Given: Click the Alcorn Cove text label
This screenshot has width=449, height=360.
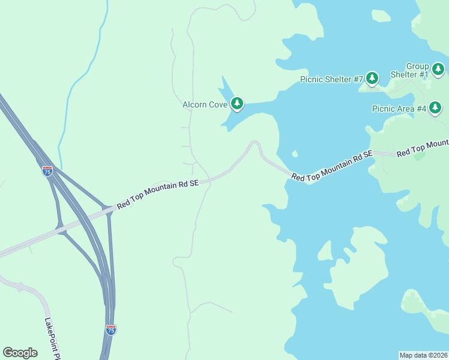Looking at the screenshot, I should coord(205,104).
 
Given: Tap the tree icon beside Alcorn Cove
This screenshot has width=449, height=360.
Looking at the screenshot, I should coord(238,104).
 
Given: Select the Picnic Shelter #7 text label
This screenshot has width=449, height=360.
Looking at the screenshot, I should coord(332,79).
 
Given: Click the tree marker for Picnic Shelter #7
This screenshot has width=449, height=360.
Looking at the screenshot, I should coord(372,78).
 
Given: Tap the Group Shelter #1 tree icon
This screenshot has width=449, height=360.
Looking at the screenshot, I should coord(438,70).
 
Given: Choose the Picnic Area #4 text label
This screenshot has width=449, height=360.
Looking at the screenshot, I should coord(399,109).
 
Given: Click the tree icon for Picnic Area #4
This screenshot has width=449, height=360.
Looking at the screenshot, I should coord(436,108).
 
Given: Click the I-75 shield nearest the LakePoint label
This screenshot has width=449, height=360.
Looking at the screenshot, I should coord(110,329).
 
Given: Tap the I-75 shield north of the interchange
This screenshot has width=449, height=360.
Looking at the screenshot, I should coord(47,171).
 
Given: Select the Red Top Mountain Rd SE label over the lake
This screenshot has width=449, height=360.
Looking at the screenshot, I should coord(332,166).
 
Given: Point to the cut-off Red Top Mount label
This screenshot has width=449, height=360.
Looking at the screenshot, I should coord(423,148).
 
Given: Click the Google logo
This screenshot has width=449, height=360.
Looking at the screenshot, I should coord(20,353).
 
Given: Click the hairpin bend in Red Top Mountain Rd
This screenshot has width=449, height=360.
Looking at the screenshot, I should coord(255,143).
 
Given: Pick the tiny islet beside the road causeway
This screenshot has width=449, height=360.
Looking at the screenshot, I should coord(294,154).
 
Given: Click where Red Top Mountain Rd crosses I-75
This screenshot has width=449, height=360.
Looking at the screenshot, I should coord(108,210).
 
